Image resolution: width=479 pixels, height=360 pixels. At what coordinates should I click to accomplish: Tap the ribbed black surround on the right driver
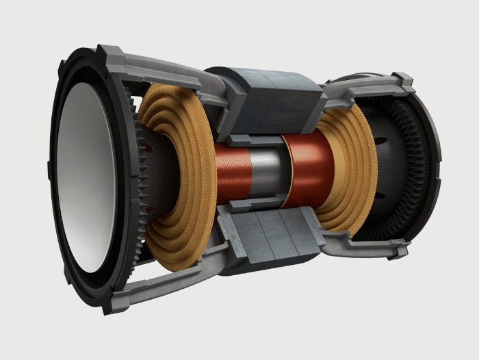pos(418,164)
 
